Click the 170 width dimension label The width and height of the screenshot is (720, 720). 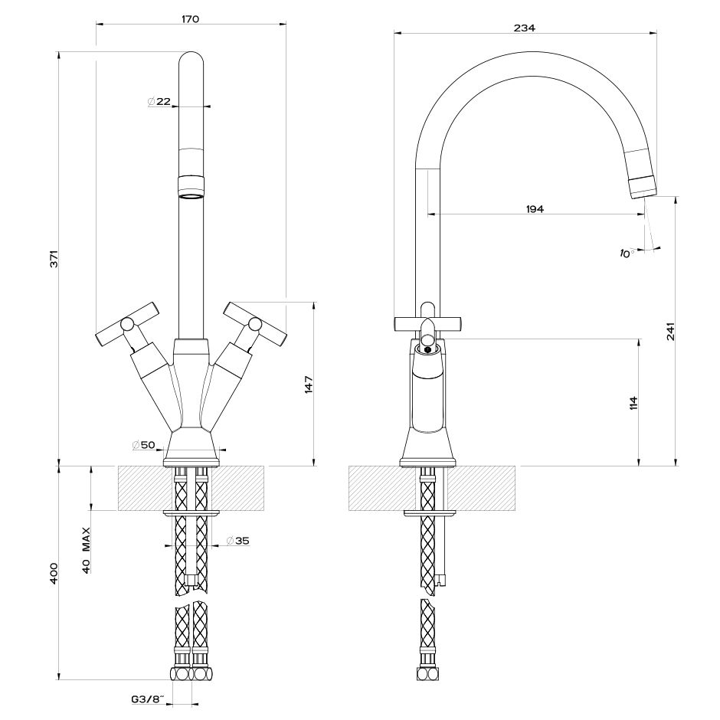[191, 19]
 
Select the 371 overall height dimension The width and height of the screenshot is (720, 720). [54, 259]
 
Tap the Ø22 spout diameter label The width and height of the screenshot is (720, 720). [159, 101]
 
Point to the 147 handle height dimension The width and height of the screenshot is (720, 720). [309, 385]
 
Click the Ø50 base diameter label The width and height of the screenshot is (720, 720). [143, 444]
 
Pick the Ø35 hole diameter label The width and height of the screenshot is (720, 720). [238, 541]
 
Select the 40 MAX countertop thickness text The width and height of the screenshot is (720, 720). [86, 549]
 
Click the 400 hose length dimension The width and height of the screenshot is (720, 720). [54, 573]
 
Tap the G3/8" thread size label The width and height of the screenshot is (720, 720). [148, 700]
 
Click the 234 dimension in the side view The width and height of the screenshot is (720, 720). [525, 28]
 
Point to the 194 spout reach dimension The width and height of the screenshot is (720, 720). [535, 209]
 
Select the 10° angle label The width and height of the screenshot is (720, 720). [627, 253]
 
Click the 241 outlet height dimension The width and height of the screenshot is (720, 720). [671, 331]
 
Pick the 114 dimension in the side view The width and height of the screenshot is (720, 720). [634, 403]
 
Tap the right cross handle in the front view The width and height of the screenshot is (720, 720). [256, 325]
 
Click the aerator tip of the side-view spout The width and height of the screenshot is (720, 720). [644, 186]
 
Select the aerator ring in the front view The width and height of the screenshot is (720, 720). [191, 187]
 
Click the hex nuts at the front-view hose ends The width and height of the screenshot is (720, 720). [190, 673]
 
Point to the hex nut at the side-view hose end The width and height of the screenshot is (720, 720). [427, 673]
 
